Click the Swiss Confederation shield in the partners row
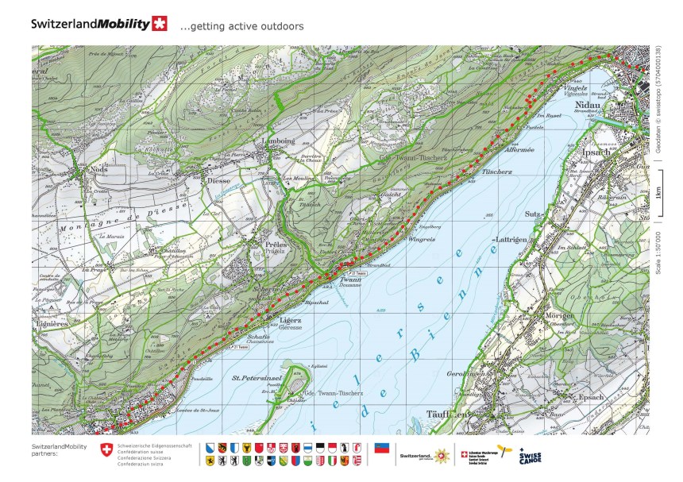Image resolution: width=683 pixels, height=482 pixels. (x=106, y=450)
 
